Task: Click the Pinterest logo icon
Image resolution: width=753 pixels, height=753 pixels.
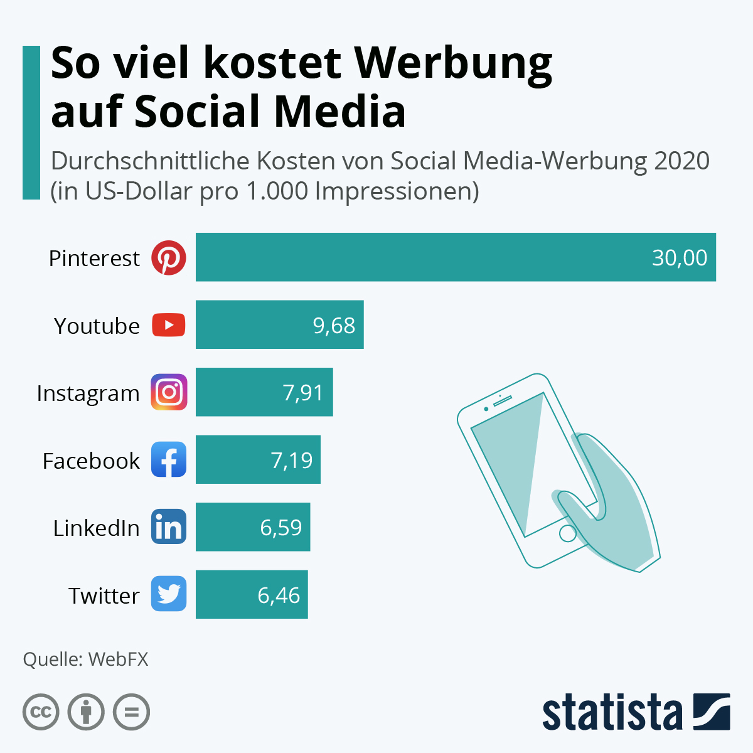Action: point(168,257)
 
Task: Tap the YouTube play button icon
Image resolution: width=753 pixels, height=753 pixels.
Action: point(168,325)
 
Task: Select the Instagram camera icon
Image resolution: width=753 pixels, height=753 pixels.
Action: point(168,392)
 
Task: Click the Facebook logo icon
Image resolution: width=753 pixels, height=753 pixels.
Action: point(168,459)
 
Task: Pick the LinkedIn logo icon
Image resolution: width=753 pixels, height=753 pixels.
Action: point(168,526)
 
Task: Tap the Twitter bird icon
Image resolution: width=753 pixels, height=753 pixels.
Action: point(168,594)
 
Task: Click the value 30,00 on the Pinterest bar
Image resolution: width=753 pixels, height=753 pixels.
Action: point(679,258)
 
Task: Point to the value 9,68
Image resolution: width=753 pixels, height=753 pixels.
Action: point(334,326)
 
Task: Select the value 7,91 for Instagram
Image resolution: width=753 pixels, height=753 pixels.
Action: point(303,393)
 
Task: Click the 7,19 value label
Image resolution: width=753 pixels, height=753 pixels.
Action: point(292,461)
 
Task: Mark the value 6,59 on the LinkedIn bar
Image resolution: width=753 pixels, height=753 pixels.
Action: point(281,528)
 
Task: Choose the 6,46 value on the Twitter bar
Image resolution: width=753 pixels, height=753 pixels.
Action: point(279,595)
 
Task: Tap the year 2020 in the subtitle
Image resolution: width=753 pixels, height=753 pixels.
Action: point(681,161)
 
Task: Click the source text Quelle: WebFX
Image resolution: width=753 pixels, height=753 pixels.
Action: point(85,660)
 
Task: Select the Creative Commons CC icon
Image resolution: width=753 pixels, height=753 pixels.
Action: point(41,712)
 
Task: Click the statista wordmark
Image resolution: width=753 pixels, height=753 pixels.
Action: point(612,713)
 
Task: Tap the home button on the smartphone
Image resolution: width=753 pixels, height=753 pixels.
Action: point(567,533)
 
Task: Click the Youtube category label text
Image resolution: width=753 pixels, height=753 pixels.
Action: point(97,326)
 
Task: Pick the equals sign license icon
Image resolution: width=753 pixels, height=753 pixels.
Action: point(132,712)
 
